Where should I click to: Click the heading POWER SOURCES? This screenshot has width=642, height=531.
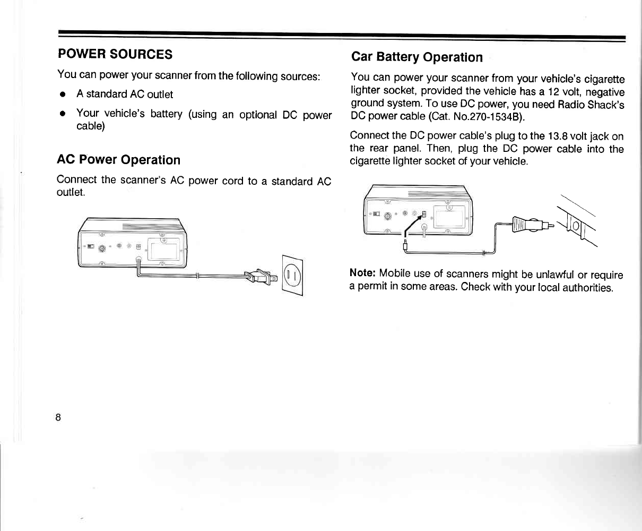[x=115, y=54]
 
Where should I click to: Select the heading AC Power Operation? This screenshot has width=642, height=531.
[x=118, y=160]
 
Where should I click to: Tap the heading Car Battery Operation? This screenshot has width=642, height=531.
[x=417, y=57]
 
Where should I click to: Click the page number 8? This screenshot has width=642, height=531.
[x=58, y=417]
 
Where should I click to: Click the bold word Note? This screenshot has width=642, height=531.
[x=363, y=274]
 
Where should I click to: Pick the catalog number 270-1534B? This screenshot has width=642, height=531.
[x=490, y=116]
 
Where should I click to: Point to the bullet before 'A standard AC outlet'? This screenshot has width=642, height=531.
[x=63, y=95]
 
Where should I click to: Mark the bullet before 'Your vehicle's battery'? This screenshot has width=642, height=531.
[x=63, y=115]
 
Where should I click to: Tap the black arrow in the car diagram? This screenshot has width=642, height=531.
[x=414, y=224]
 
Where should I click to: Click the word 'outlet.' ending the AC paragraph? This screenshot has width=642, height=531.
[x=71, y=192]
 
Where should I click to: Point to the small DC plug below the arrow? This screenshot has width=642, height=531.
[x=405, y=245]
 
